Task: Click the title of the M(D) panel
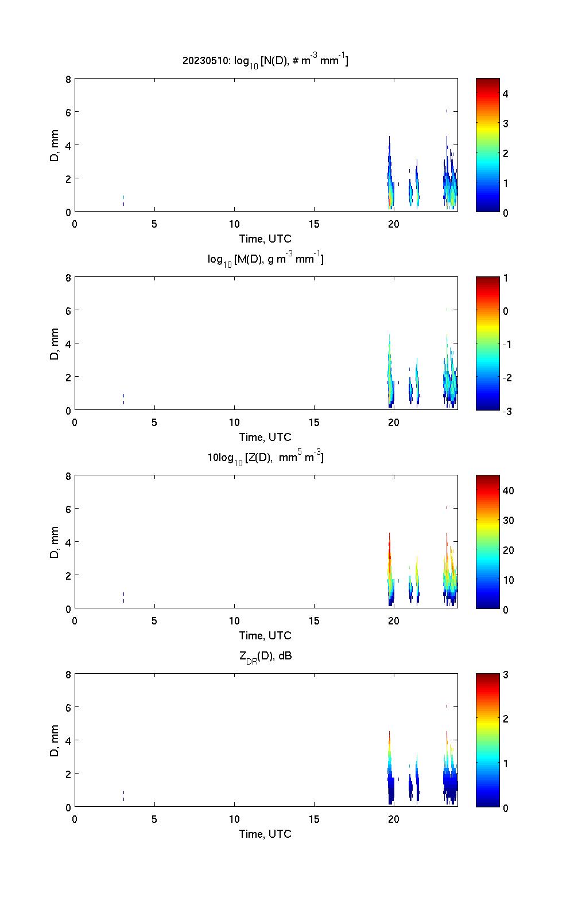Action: point(265,259)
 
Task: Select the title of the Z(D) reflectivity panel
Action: point(265,458)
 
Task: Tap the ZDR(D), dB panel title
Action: point(265,656)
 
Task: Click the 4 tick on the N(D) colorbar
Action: point(506,93)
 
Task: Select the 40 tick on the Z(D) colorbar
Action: point(508,491)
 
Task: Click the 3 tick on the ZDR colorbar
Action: point(506,675)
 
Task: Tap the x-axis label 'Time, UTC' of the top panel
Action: point(265,238)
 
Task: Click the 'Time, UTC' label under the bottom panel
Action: point(265,834)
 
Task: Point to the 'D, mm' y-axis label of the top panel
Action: point(55,146)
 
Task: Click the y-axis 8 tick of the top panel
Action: point(68,80)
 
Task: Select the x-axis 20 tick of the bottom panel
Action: point(394,819)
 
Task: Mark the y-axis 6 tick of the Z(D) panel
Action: point(68,509)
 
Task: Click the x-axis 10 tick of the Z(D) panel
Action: point(234,620)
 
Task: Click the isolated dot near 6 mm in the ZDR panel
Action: point(447,706)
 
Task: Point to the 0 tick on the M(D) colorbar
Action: point(506,311)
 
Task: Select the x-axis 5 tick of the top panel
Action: point(154,224)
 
